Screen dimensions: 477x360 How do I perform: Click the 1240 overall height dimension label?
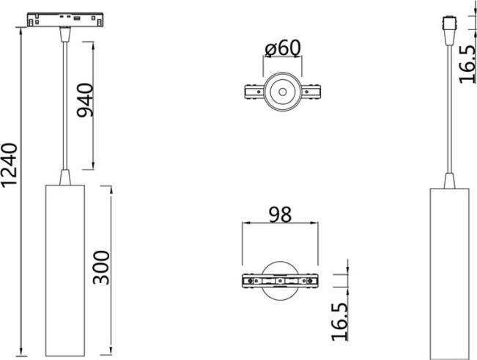[x=10, y=165]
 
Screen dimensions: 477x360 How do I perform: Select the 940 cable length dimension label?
[x=85, y=100]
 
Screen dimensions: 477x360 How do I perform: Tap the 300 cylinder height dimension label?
[x=101, y=268]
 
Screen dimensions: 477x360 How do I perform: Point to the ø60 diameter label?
[x=283, y=48]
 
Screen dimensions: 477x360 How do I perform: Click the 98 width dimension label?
[x=280, y=215]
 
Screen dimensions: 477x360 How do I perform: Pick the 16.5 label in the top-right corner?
[x=467, y=65]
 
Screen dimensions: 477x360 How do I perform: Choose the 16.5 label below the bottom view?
[x=339, y=322]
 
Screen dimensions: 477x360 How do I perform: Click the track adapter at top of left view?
[x=65, y=20]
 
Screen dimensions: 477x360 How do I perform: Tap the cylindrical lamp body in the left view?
[x=65, y=271]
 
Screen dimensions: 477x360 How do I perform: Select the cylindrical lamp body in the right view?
[x=449, y=274]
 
